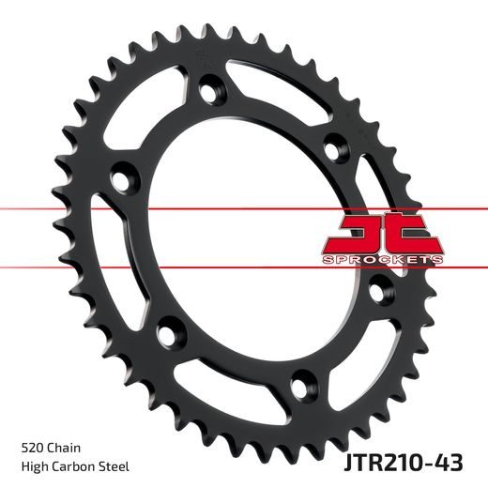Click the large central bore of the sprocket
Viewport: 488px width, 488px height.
pyautogui.click(x=253, y=235)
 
